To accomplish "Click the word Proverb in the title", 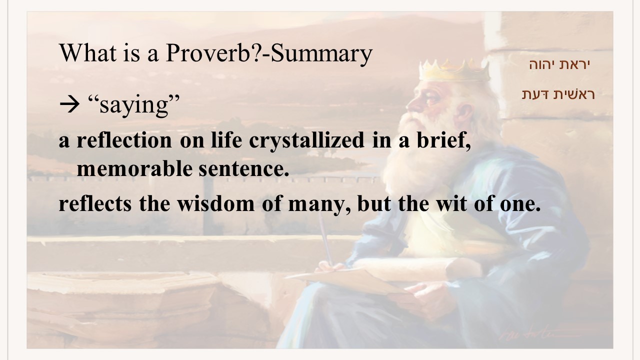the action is [x=208, y=53].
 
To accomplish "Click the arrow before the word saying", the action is [x=69, y=104].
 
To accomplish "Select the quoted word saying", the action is [x=134, y=105].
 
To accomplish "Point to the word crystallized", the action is [x=307, y=140].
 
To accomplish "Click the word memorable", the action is [x=134, y=168].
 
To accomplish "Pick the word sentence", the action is [x=244, y=169].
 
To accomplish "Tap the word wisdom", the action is [x=215, y=203].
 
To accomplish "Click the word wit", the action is [x=451, y=203].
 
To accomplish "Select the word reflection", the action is [x=124, y=140].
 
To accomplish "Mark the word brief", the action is [x=443, y=140].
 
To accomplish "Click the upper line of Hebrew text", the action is [x=559, y=64].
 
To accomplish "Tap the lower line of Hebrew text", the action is [x=558, y=94].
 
